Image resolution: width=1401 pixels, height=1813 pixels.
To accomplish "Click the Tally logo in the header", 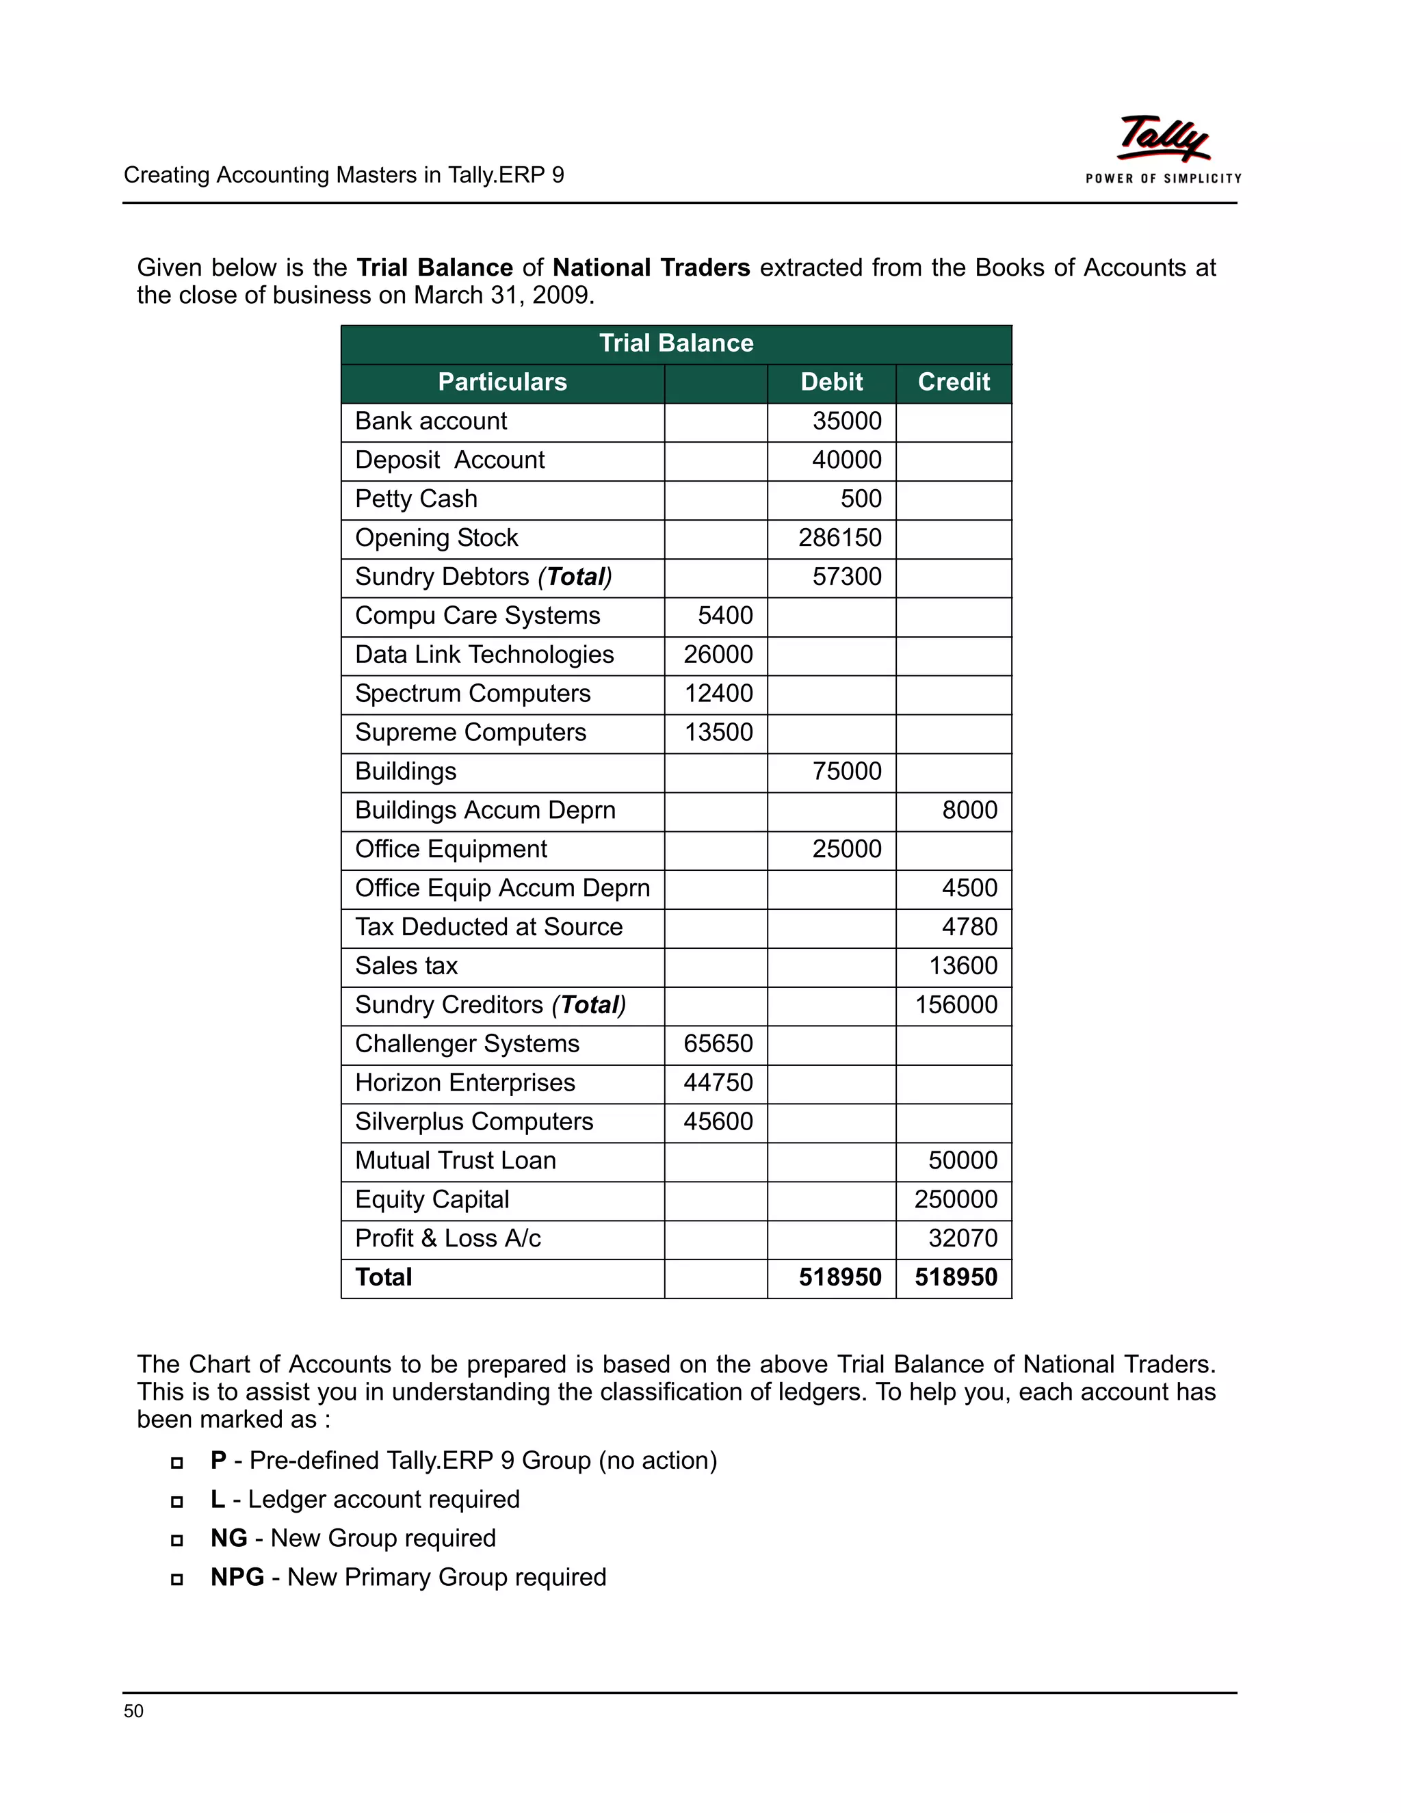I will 1163,140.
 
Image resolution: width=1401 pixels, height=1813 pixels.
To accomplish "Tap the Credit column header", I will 953,382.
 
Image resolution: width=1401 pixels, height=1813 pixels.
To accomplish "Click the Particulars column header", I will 502,382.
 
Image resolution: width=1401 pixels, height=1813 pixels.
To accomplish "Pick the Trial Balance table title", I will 676,343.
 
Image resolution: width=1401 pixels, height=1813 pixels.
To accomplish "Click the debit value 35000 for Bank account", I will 847,421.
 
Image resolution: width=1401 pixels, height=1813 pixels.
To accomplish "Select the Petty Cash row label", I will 416,499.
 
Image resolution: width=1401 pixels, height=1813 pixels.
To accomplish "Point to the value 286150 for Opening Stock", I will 839,538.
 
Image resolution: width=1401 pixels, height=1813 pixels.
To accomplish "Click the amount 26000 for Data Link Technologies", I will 718,654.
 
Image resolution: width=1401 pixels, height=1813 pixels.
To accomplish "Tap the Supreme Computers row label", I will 470,732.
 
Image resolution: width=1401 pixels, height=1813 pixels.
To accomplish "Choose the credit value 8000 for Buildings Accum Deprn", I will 969,810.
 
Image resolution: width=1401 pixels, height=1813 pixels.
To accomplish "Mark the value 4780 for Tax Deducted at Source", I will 969,926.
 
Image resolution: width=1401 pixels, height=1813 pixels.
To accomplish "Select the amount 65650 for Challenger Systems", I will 718,1043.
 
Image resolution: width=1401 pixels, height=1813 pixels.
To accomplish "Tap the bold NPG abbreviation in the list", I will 237,1577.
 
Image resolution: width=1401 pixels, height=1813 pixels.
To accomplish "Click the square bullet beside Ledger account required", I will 176,1502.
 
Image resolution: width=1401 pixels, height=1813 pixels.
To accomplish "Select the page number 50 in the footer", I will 133,1711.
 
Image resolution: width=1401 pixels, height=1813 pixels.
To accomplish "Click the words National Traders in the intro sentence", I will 651,268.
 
